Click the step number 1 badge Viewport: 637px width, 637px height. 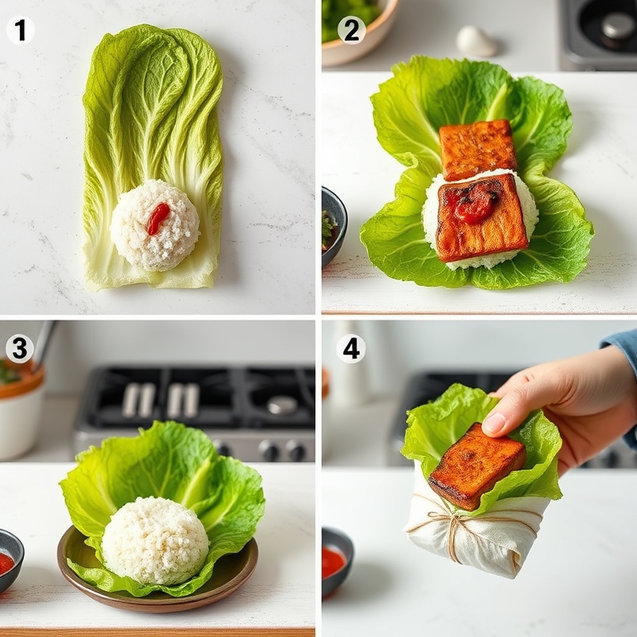point(20,30)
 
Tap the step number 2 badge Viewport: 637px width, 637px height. point(352,30)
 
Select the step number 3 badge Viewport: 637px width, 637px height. point(19,349)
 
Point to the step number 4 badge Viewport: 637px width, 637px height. point(351,349)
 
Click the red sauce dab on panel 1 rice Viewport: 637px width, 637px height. point(158,218)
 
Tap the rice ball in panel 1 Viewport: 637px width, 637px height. point(155,225)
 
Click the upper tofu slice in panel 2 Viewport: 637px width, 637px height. point(477,148)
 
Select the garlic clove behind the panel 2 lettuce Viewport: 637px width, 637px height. point(476,41)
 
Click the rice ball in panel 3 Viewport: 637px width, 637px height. point(155,541)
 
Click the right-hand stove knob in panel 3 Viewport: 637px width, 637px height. point(295,451)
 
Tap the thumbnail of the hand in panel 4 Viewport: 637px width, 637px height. point(494,423)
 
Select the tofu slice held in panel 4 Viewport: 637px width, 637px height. point(477,466)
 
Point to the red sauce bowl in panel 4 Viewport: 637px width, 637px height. point(336,561)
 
